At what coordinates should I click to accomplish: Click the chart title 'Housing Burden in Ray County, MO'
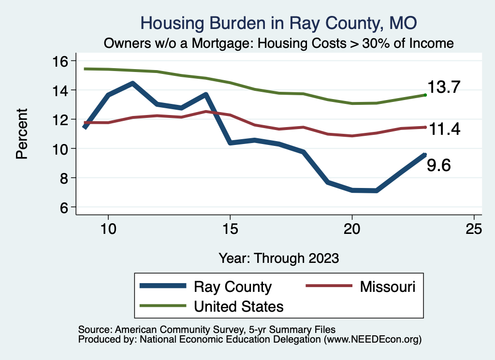pos(278,23)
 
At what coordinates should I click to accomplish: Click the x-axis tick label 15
pos(230,230)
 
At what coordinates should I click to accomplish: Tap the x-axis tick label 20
pos(352,230)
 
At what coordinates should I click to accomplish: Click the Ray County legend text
pos(233,287)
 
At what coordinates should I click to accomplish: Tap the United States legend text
pos(238,306)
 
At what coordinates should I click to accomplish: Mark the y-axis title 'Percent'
pos(21,134)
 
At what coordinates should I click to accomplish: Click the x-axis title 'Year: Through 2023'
pos(278,258)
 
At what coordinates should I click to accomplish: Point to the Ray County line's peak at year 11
pos(132,83)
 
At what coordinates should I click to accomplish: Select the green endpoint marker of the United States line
pos(425,95)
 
